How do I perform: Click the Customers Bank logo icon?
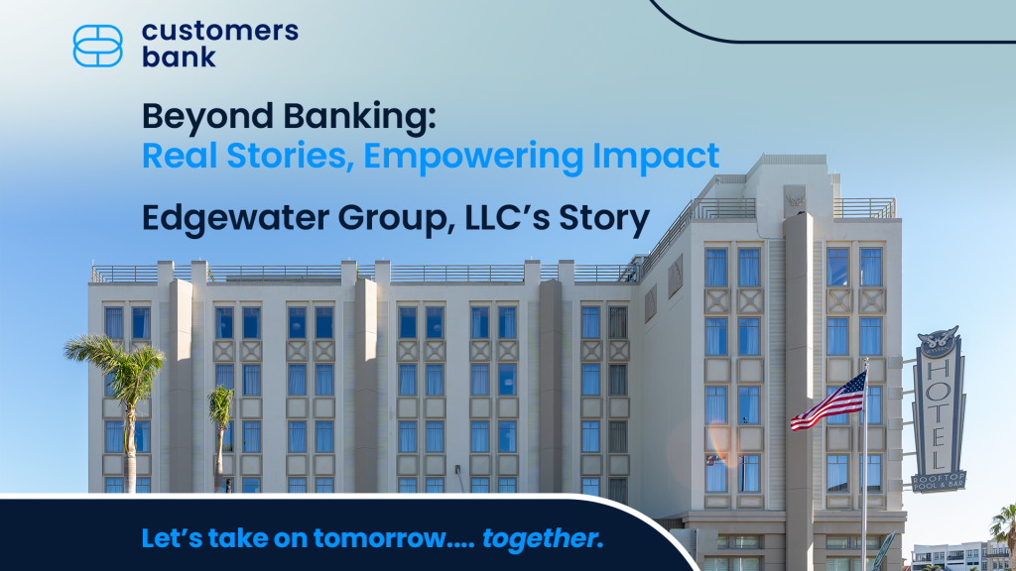[98, 46]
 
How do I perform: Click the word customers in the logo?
[219, 31]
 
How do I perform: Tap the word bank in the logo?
[179, 57]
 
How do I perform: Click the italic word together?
[543, 538]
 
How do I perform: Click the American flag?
[829, 401]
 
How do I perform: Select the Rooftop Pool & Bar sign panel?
[939, 481]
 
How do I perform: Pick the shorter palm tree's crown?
[220, 405]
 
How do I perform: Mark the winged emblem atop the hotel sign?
[938, 339]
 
